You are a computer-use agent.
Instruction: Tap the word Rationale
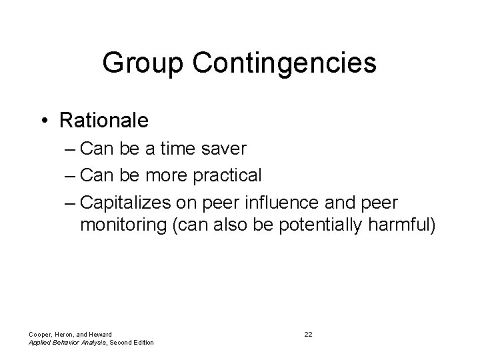click(104, 121)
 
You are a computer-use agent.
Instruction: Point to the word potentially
click(319, 225)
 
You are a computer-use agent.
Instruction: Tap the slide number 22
click(308, 333)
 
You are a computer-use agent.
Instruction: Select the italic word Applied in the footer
click(39, 342)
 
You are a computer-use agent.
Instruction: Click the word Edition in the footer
click(142, 342)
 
